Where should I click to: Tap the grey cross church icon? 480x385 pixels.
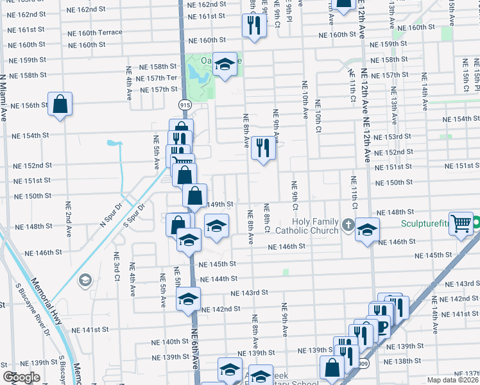coord(348,225)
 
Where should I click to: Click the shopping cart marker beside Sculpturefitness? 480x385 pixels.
coord(461,224)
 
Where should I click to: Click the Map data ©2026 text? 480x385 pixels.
coord(452,380)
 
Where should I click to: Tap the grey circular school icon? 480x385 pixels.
coord(85,280)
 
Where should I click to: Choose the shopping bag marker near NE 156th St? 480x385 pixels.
coord(60,104)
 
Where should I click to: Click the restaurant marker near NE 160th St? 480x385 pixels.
coord(254,25)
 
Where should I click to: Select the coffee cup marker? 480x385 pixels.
coord(383,325)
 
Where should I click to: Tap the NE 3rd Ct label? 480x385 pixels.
coord(117,268)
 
